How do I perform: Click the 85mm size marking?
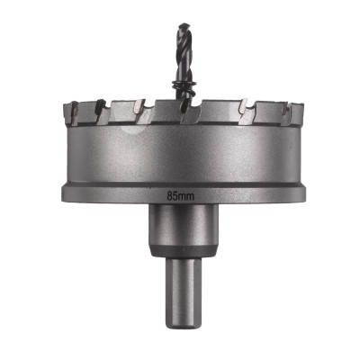click(x=179, y=192)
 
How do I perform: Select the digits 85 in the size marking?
click(x=172, y=192)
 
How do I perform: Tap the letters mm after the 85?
click(x=185, y=192)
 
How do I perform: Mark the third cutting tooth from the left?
click(x=140, y=113)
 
